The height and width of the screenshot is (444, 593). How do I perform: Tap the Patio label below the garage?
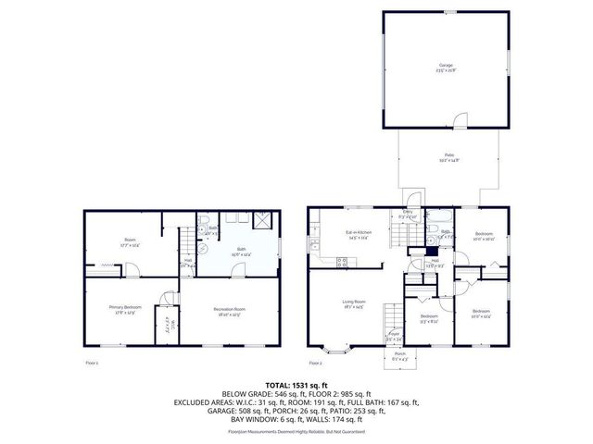tap(448, 157)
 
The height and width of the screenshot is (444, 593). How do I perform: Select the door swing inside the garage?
tap(461, 118)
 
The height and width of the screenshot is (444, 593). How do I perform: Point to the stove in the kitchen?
tap(341, 261)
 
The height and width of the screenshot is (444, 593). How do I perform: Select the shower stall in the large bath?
tap(264, 220)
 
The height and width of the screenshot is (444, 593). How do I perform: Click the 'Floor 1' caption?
tap(91, 364)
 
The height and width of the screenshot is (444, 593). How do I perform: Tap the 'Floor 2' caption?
tap(315, 364)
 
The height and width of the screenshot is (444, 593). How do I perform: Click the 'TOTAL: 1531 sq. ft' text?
tap(296, 384)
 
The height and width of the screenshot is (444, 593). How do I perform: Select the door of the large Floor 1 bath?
tap(237, 269)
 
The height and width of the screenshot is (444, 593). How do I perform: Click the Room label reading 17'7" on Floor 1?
tap(130, 243)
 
